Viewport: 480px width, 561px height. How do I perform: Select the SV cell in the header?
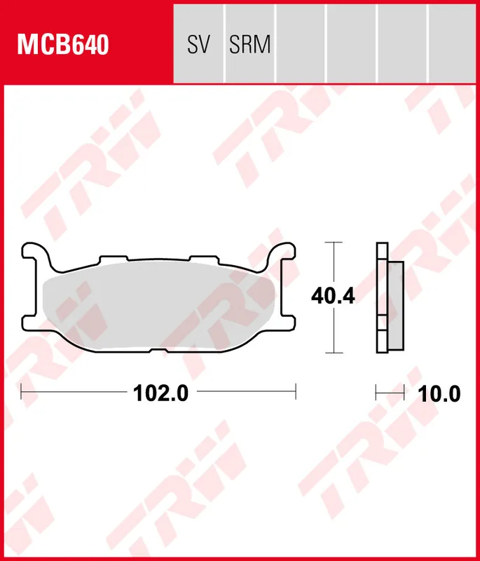[x=198, y=45]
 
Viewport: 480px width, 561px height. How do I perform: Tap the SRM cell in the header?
[x=249, y=45]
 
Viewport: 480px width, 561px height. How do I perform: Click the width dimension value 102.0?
[x=161, y=393]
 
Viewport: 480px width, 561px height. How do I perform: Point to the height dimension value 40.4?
[x=334, y=297]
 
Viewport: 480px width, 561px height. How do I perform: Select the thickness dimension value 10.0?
[x=439, y=393]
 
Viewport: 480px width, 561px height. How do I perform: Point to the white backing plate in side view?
[x=381, y=298]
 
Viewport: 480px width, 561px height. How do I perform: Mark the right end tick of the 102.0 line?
[x=296, y=393]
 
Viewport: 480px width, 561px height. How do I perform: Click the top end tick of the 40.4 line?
[x=334, y=243]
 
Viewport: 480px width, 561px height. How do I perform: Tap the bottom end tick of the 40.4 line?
[x=334, y=352]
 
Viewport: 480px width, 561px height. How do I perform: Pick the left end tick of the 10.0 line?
[x=377, y=393]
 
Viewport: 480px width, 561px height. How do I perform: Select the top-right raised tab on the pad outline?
[x=203, y=259]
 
